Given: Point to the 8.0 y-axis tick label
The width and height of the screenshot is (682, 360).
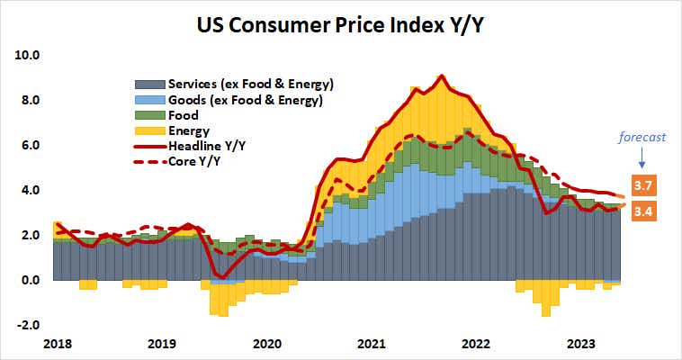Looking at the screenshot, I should (31, 100).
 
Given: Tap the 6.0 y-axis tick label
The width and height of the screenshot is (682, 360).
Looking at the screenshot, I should (31, 145).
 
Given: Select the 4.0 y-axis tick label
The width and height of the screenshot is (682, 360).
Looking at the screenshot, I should (31, 190).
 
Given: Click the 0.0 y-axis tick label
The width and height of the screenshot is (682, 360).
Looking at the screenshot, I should (31, 280).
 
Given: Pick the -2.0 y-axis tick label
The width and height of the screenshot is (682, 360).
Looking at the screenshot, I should (29, 325).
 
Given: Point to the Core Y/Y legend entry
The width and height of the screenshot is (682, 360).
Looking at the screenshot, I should (194, 162).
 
